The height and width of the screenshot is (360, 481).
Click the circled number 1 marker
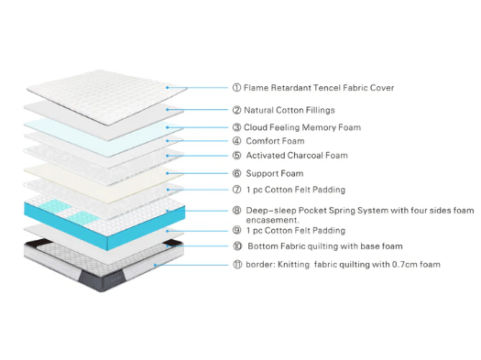tap(236, 88)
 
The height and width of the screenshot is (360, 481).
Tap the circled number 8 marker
tap(236, 211)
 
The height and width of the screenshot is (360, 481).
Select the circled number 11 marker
tap(236, 265)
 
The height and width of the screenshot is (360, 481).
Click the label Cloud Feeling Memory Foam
tap(302, 126)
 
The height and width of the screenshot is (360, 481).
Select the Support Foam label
tap(274, 173)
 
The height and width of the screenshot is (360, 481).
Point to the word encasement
tap(275, 220)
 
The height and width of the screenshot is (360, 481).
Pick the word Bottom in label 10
tap(264, 245)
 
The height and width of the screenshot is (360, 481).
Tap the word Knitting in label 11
tap(299, 265)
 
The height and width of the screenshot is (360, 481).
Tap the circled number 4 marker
tap(236, 141)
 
